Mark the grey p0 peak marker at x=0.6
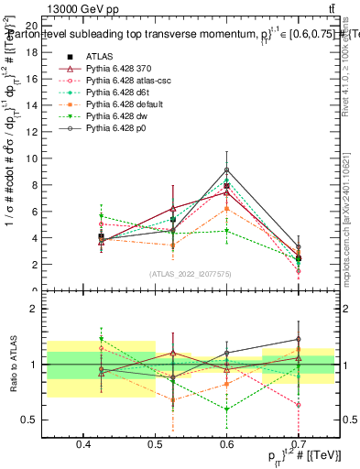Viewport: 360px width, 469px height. click(226, 169)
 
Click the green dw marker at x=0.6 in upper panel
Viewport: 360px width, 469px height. click(226, 231)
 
